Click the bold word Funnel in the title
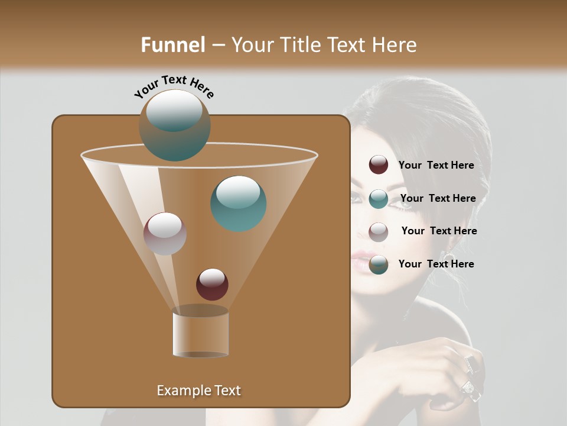click(173, 45)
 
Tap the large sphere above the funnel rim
click(174, 125)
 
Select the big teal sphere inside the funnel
click(239, 204)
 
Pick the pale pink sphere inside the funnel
click(165, 234)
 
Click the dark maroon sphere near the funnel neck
click(212, 284)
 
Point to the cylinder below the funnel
click(200, 333)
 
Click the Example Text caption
click(198, 390)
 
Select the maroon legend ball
click(379, 165)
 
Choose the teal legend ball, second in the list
click(379, 199)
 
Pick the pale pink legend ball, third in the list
click(379, 231)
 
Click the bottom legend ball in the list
click(379, 264)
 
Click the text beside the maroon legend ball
click(436, 165)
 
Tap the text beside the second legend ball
click(438, 198)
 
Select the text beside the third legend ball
click(439, 231)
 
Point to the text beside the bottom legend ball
click(436, 264)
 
